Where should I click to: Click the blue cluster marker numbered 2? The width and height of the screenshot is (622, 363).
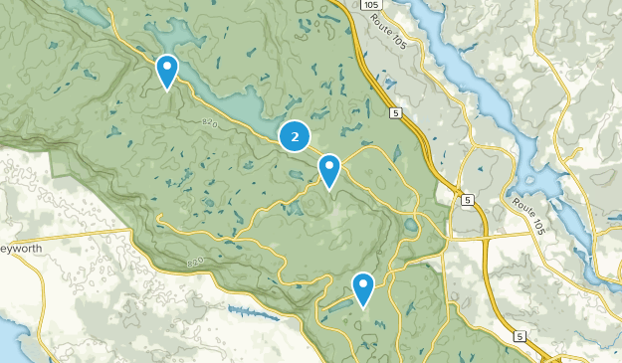pyautogui.click(x=295, y=136)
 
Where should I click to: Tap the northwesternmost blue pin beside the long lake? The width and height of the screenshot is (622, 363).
pyautogui.click(x=167, y=70)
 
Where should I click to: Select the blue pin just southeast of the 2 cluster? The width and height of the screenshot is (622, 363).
pyautogui.click(x=329, y=169)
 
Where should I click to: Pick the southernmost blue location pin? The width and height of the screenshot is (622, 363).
pyautogui.click(x=363, y=287)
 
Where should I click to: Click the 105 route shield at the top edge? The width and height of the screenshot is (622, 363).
pyautogui.click(x=371, y=5)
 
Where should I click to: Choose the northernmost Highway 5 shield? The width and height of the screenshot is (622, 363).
pyautogui.click(x=395, y=113)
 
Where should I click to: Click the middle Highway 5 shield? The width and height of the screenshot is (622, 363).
pyautogui.click(x=467, y=201)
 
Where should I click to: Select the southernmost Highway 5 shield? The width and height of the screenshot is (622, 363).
pyautogui.click(x=519, y=338)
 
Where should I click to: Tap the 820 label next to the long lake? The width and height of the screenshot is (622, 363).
pyautogui.click(x=207, y=123)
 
